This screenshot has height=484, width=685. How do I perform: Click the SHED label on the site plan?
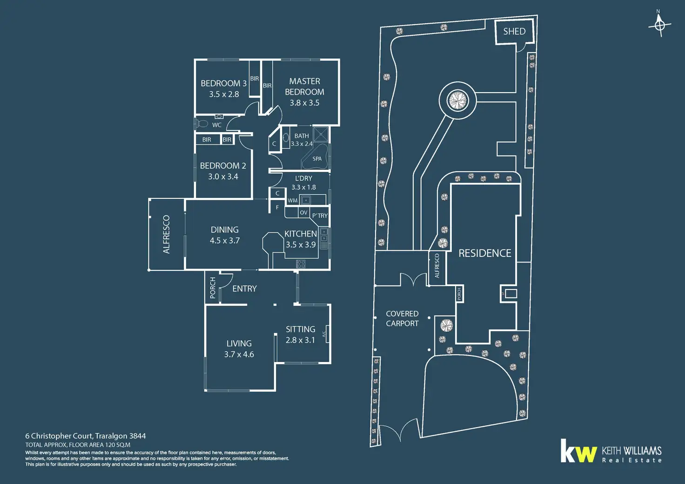[514, 31]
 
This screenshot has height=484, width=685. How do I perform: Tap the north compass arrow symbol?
[659, 24]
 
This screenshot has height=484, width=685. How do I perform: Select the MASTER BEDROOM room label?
[305, 87]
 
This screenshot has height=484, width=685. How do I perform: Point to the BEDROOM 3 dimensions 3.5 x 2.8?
[224, 94]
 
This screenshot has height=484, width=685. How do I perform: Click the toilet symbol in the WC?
[201, 124]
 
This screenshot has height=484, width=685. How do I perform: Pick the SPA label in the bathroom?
[317, 159]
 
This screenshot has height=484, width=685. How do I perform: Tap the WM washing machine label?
[292, 201]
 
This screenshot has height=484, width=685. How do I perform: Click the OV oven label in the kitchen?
[303, 213]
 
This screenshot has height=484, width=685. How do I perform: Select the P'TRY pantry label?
[320, 215]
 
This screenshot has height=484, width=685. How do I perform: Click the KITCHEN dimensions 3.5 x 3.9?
[301, 245]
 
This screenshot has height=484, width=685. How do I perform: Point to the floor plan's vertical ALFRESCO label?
[167, 235]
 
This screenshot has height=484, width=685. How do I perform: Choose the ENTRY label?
[244, 289]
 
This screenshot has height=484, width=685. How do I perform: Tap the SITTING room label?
[301, 329]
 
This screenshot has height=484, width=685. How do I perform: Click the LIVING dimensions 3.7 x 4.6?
[239, 354]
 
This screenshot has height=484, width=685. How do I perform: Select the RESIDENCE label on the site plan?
[485, 253]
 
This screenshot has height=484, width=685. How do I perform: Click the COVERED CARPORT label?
[402, 319]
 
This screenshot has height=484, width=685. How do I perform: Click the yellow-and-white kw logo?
[578, 451]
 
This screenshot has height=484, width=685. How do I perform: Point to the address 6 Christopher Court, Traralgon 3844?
[86, 436]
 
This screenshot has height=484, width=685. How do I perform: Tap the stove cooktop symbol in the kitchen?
[301, 264]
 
